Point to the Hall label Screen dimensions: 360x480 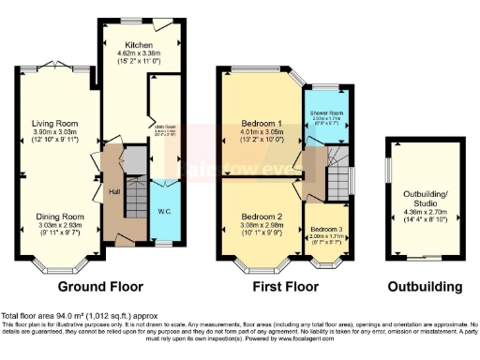(x=113, y=193)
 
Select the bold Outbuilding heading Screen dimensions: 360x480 (x=420, y=286)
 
